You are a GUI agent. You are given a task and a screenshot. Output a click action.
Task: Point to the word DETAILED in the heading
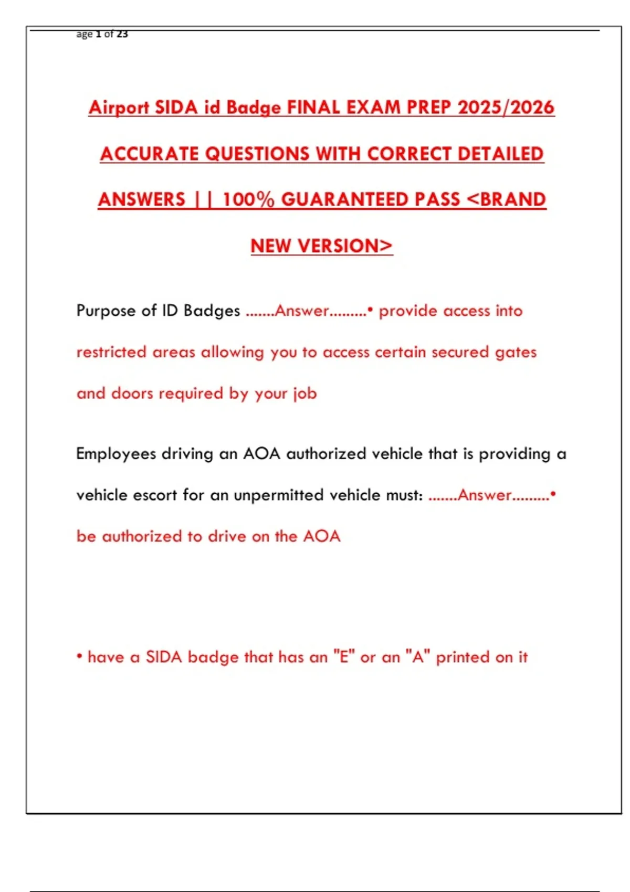point(500,154)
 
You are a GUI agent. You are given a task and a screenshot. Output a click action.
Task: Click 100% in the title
point(248,200)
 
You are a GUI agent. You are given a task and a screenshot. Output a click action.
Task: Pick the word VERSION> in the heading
point(344,246)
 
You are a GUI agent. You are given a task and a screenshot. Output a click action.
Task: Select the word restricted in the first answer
point(111,352)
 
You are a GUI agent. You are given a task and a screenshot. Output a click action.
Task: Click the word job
point(305,394)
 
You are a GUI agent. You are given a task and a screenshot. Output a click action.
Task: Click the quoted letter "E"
point(344,657)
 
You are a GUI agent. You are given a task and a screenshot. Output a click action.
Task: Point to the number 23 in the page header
point(122,34)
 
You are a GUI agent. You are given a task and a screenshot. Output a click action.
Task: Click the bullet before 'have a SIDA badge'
point(79,657)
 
